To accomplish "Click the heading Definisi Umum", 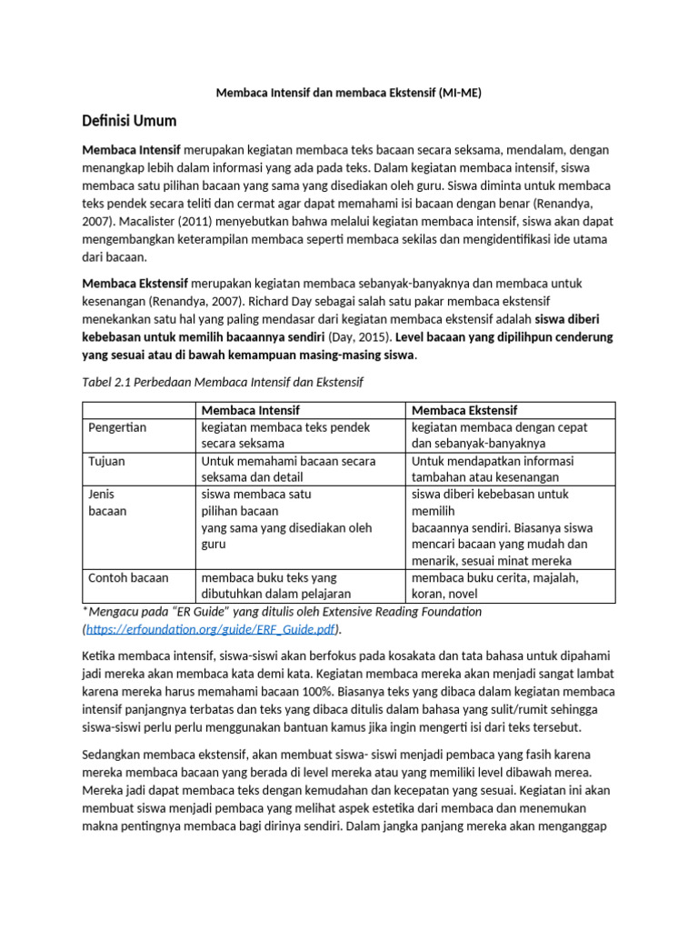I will point(129,121).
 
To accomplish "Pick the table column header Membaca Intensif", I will point(250,410).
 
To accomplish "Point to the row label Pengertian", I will point(117,426).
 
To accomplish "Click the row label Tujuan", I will point(106,461).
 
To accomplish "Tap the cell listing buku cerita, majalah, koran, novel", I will point(495,585).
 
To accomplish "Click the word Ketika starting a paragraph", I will point(101,655).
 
